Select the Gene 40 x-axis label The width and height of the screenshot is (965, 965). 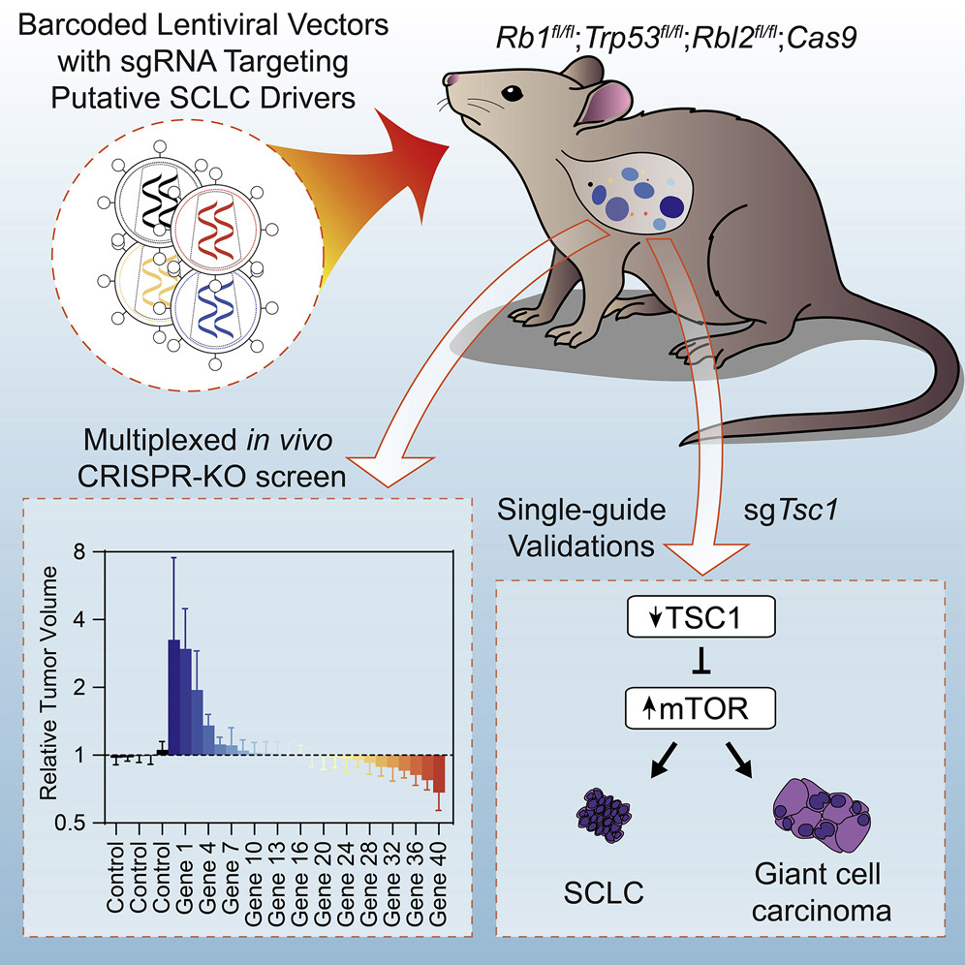[x=439, y=876]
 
